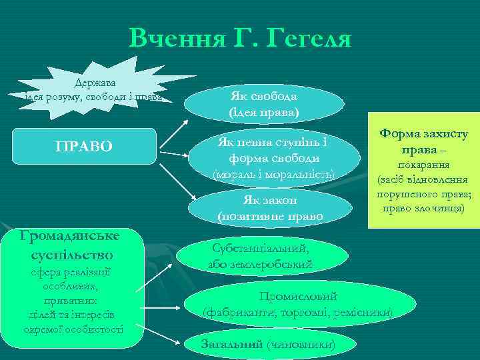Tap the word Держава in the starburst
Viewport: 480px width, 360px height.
click(95, 83)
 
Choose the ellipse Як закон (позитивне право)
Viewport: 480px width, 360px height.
click(269, 209)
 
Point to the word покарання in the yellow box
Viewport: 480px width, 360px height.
click(423, 165)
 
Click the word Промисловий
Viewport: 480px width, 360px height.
click(297, 297)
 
